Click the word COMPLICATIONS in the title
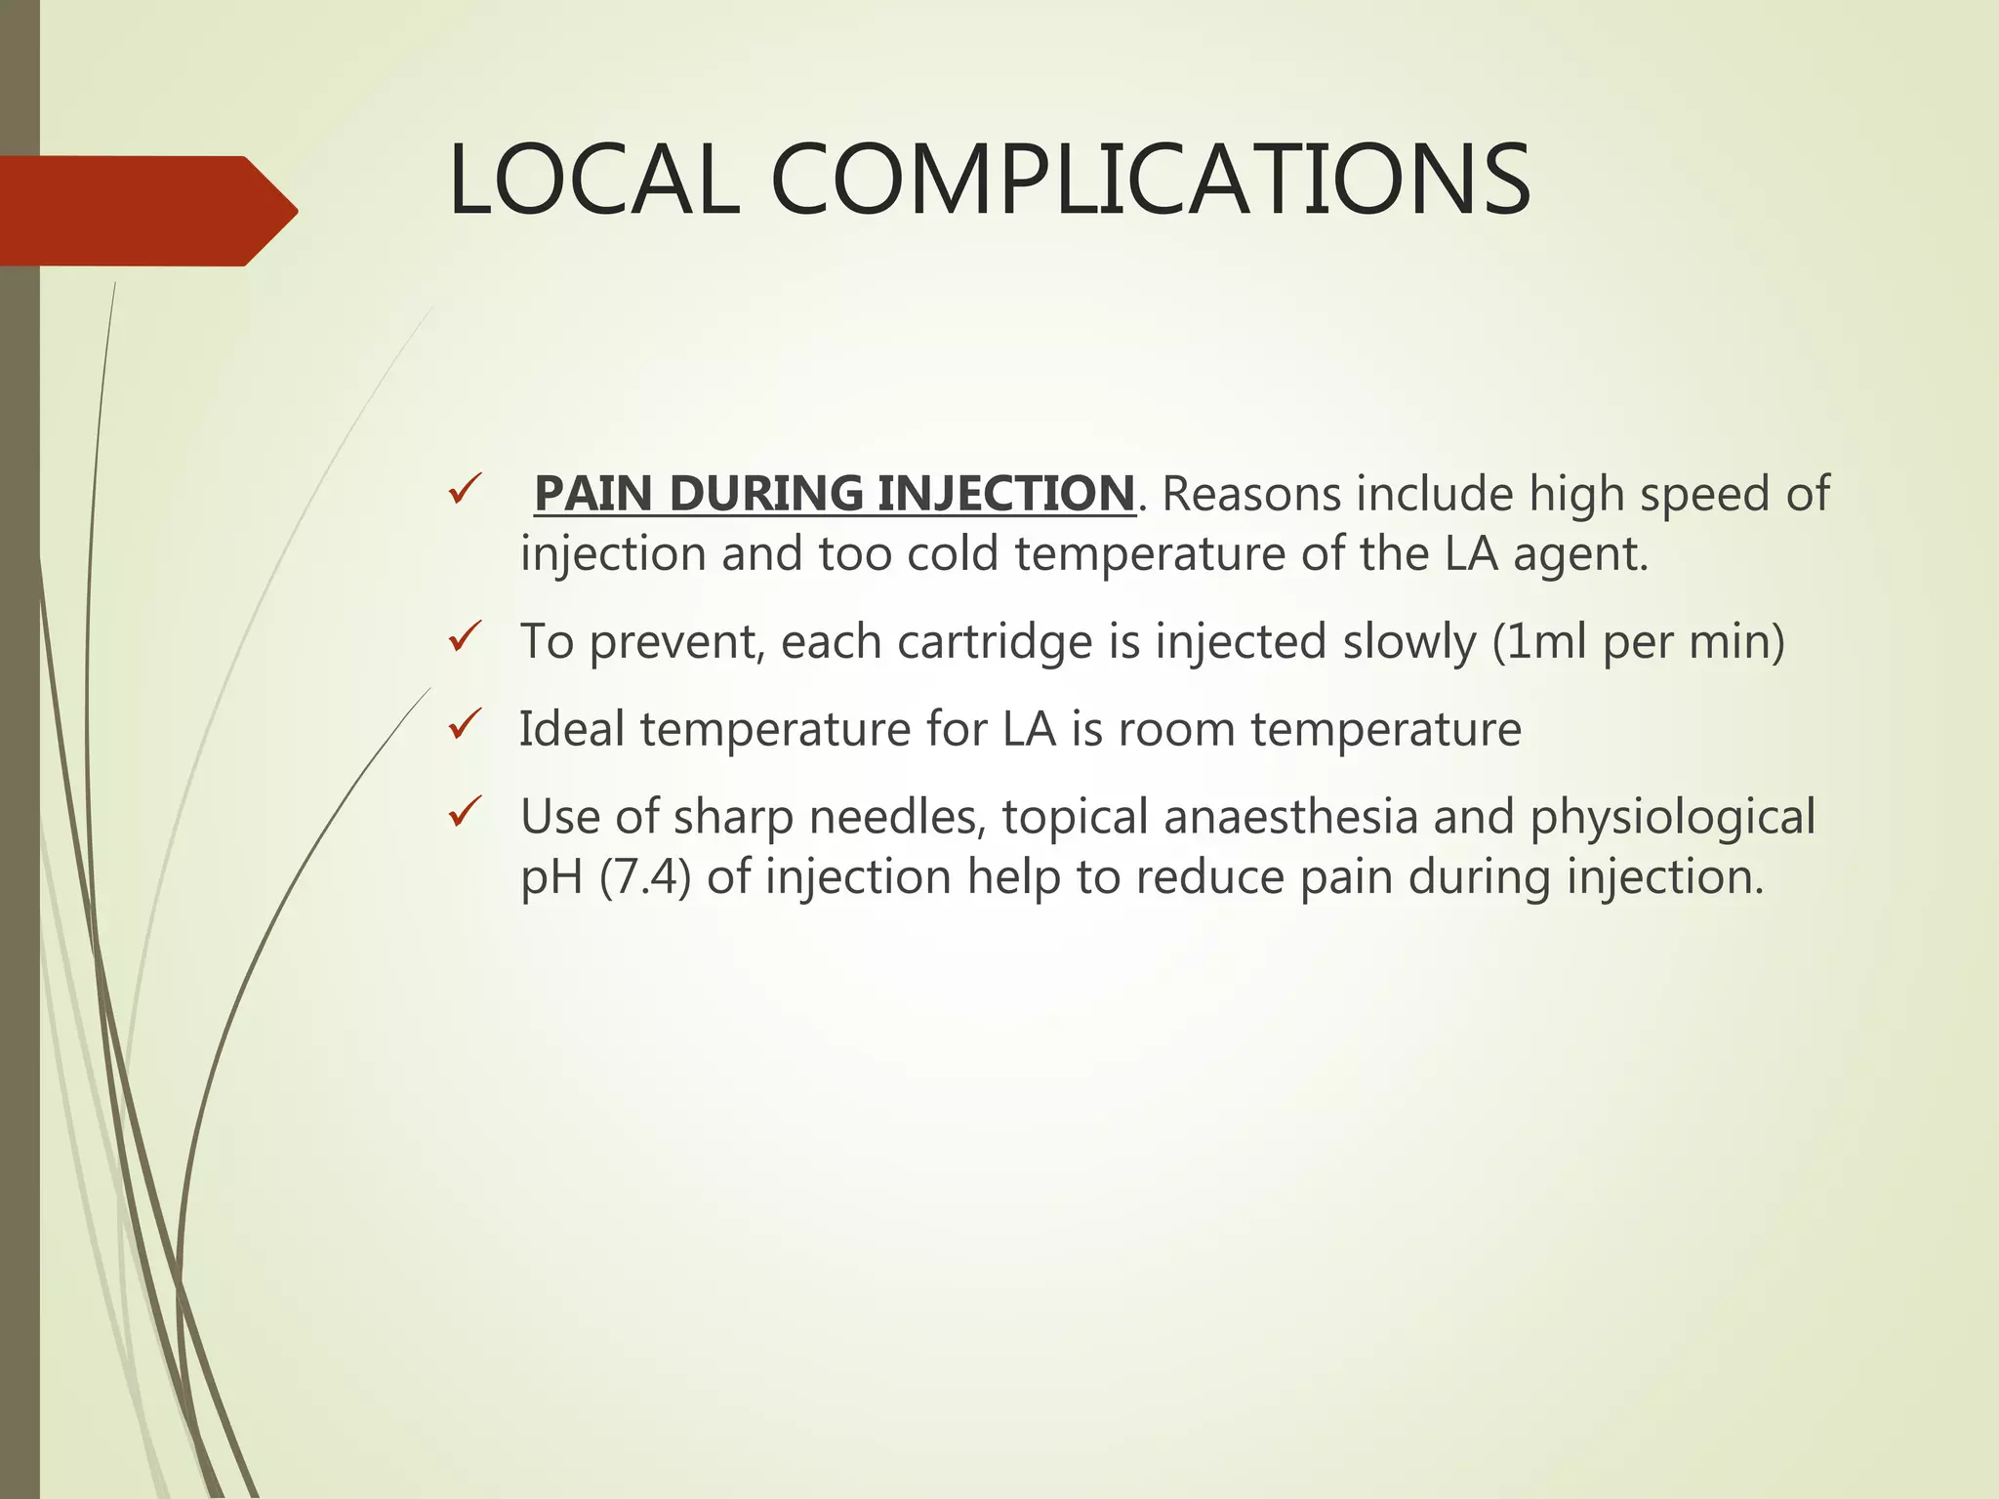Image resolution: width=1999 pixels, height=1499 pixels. click(1151, 181)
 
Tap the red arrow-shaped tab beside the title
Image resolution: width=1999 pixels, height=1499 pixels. click(146, 211)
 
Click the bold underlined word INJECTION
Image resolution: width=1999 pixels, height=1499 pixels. click(1005, 494)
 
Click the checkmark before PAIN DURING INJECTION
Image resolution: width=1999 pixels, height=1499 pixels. click(465, 490)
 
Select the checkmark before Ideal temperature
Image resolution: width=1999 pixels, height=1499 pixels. click(465, 726)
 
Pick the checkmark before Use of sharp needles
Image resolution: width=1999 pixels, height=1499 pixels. click(465, 813)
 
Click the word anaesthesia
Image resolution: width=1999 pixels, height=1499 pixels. click(1290, 817)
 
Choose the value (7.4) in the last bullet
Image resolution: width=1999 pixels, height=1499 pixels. click(645, 877)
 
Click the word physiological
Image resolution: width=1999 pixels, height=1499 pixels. click(1672, 819)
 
